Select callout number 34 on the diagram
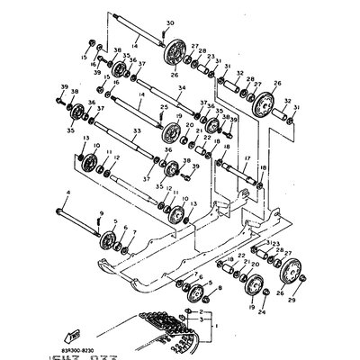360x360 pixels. click(x=182, y=88)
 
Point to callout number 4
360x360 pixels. click(x=67, y=192)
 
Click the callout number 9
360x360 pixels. click(x=101, y=212)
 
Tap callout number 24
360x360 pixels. click(x=261, y=314)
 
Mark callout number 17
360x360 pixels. click(x=245, y=157)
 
